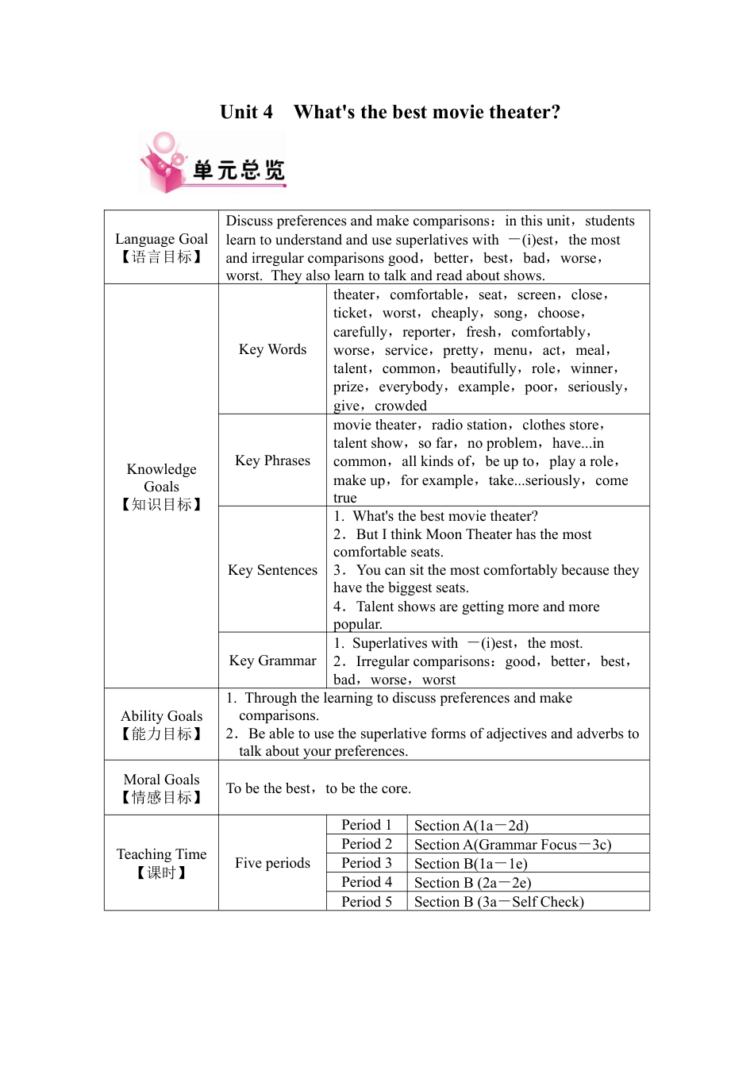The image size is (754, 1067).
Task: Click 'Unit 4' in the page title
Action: click(x=246, y=112)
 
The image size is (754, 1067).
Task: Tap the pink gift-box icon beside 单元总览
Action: click(x=164, y=163)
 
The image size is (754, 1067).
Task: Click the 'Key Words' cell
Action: click(x=272, y=349)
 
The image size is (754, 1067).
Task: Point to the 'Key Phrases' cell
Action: click(x=272, y=460)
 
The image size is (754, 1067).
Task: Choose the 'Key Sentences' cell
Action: click(x=272, y=570)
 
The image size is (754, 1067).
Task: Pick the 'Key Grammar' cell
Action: click(x=272, y=661)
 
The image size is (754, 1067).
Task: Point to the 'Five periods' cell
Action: click(x=272, y=863)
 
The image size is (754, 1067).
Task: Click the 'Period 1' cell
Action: click(x=367, y=825)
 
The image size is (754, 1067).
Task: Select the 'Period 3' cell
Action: click(x=367, y=863)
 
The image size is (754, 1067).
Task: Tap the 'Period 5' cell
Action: click(x=367, y=902)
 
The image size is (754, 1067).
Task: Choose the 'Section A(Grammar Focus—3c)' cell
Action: click(x=513, y=845)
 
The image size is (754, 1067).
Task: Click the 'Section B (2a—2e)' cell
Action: click(x=472, y=883)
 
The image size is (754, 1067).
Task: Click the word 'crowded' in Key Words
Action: click(x=401, y=406)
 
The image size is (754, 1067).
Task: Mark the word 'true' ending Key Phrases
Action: click(x=345, y=498)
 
